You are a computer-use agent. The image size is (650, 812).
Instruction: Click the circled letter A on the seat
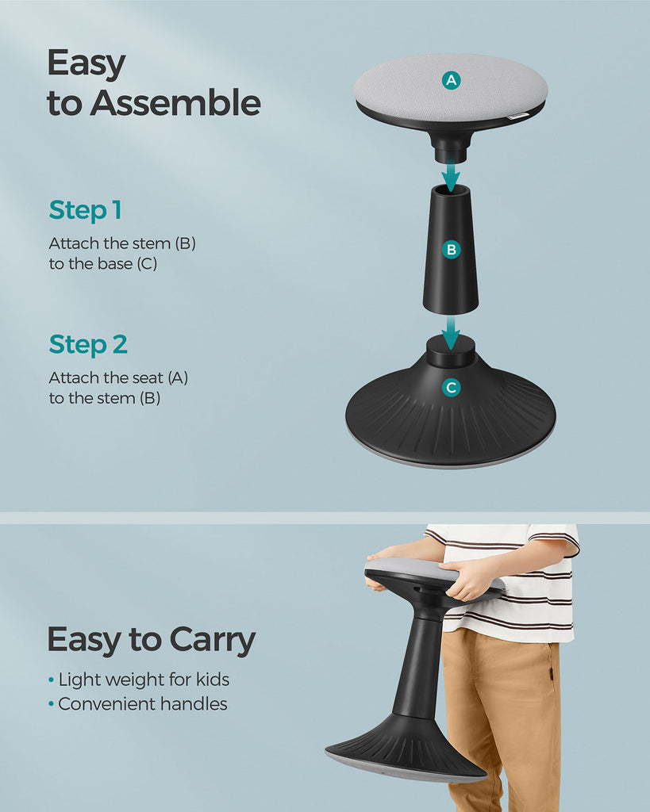[x=451, y=80]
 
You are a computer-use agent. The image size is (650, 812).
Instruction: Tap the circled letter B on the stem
[x=451, y=250]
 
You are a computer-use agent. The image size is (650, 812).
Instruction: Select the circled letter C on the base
[x=451, y=387]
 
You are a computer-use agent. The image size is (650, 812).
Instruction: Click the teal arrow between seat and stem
[x=451, y=176]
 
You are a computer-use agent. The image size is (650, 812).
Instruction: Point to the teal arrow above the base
[x=451, y=333]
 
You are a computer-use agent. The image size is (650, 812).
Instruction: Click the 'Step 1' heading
[x=86, y=210]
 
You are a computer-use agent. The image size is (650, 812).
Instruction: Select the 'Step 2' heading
[x=88, y=345]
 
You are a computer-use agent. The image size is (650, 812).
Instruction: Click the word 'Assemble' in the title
[x=175, y=102]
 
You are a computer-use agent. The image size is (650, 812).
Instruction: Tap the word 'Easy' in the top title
[x=86, y=64]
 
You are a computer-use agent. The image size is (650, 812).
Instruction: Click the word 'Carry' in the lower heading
[x=213, y=641]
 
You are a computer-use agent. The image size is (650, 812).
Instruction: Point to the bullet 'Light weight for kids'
[x=139, y=680]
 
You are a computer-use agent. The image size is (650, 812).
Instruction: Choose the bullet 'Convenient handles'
[x=138, y=704]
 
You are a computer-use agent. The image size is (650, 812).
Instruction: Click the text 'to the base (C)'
[x=102, y=264]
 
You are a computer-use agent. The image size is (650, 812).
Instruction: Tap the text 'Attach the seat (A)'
[x=118, y=378]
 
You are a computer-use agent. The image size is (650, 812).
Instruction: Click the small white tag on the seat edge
[x=517, y=117]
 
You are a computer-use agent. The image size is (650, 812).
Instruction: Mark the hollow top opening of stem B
[x=450, y=190]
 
